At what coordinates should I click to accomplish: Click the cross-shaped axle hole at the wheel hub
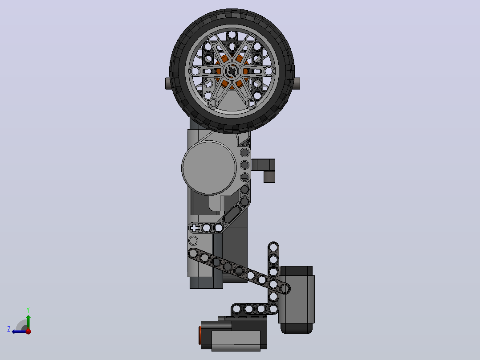pyautogui.click(x=232, y=72)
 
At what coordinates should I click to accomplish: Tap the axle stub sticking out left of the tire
pyautogui.click(x=168, y=84)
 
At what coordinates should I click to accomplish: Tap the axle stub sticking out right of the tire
pyautogui.click(x=297, y=84)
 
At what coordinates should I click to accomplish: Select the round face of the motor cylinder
pyautogui.click(x=209, y=168)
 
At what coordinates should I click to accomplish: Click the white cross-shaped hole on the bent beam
pyautogui.click(x=194, y=228)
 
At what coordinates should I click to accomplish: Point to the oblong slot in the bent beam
pyautogui.click(x=232, y=215)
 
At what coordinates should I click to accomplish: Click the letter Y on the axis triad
pyautogui.click(x=28, y=310)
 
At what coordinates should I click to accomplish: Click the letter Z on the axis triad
pyautogui.click(x=9, y=329)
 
